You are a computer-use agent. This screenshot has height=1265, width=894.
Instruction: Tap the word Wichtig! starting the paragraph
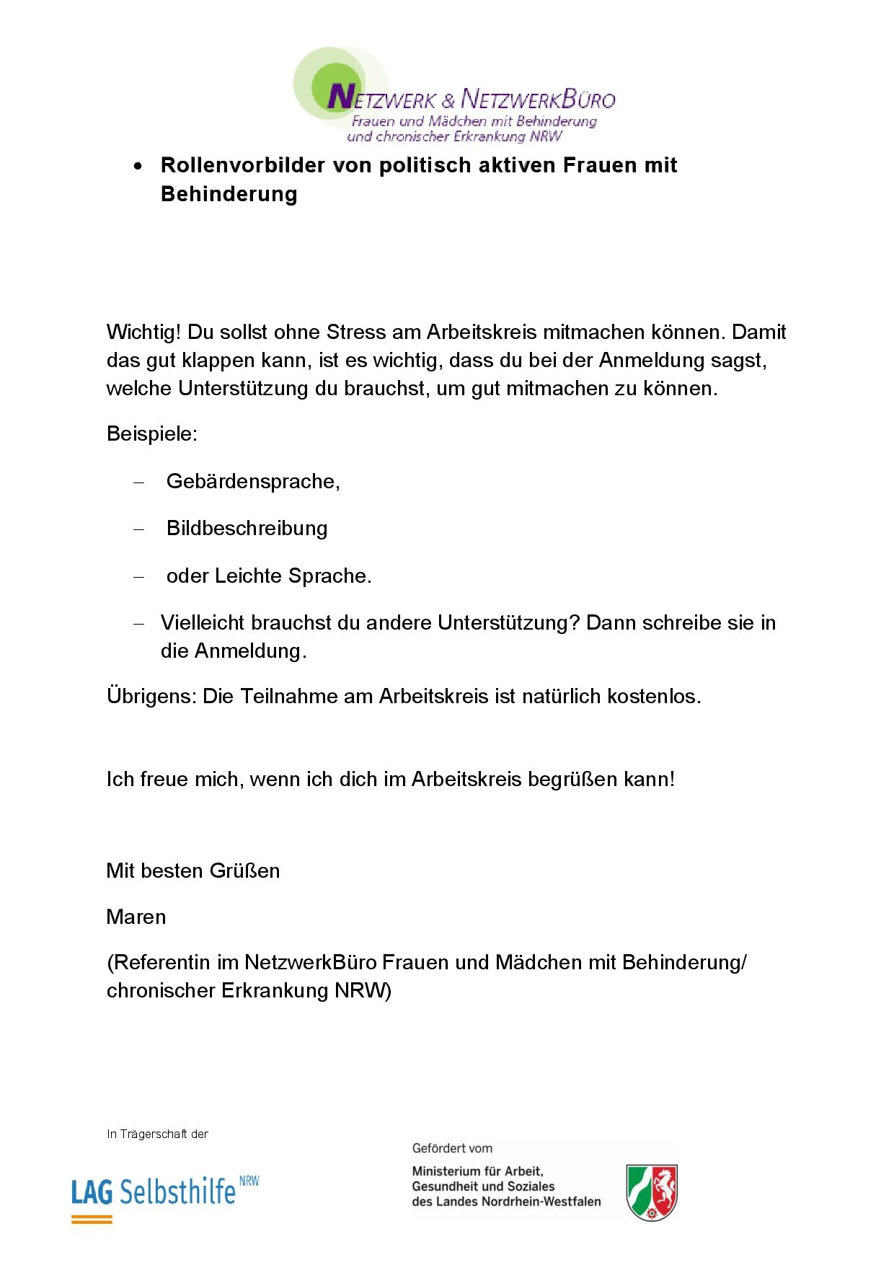[x=144, y=332]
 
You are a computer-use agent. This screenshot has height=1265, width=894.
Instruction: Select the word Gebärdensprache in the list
[x=252, y=482]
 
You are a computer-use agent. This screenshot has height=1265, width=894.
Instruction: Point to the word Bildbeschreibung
[x=247, y=529]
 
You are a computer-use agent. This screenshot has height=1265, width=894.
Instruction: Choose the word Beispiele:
[x=152, y=434]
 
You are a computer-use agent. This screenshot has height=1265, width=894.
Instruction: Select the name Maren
[x=136, y=917]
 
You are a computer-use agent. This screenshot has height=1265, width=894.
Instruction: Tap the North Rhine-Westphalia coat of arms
[x=652, y=1192]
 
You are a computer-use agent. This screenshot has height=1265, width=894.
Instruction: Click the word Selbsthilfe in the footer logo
[x=177, y=1192]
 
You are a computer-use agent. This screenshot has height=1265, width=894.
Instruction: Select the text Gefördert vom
[x=452, y=1148]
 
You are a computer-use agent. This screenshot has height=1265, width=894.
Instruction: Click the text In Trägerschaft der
[x=157, y=1134]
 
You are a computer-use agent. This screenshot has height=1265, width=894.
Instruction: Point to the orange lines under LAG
[x=92, y=1220]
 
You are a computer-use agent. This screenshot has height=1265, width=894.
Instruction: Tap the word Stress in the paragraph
[x=356, y=332]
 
